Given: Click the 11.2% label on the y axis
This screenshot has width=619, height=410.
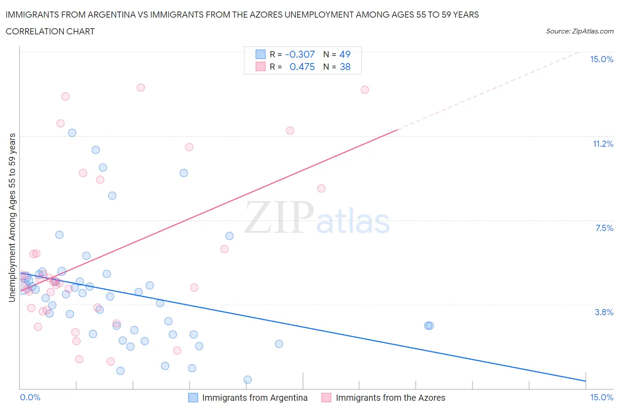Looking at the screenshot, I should pos(603,144).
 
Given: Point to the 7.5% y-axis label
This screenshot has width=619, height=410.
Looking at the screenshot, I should pos(604,228).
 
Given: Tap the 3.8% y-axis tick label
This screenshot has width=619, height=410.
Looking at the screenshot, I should pos(604,312).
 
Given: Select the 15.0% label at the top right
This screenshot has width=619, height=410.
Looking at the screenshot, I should pos(601,59).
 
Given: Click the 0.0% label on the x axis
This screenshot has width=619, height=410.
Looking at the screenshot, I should pos(30,397).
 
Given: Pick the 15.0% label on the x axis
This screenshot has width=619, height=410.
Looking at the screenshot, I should pos(601,397).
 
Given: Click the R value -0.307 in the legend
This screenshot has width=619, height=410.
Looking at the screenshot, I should pos(300,54).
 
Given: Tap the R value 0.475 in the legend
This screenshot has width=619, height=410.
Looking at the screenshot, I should pos(302,67).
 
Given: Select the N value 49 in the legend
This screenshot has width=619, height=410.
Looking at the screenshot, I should pos(345,54).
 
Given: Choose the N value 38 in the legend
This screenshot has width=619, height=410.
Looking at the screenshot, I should pos(345,67).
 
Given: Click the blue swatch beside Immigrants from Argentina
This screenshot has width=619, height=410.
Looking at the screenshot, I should pos(193,398).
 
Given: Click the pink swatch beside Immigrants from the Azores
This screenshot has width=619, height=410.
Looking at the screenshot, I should pos(326,398).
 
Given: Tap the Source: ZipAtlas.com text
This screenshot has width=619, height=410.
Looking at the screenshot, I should pos(579,31).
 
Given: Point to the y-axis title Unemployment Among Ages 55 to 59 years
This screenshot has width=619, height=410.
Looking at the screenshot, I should pos(12,217).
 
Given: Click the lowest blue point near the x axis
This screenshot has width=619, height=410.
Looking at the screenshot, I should pos(247,380).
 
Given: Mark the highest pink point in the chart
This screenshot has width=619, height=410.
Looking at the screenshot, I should pos(141,87).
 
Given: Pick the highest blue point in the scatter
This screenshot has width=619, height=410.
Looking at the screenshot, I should pos(72,133).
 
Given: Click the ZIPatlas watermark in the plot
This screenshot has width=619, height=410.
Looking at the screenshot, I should pos(317,218).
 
